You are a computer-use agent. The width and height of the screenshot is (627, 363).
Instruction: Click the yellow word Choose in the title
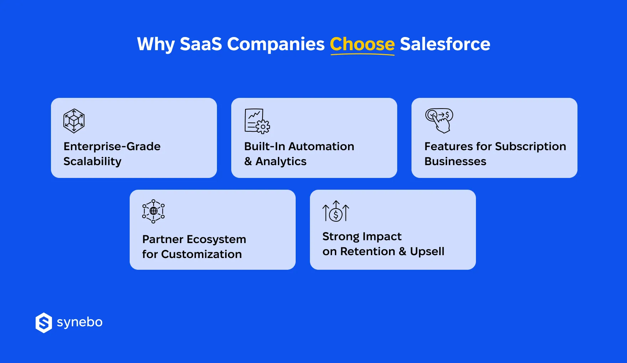point(362,44)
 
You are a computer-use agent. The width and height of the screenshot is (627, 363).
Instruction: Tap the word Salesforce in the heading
point(445,44)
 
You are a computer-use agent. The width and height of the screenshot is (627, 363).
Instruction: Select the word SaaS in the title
point(201,44)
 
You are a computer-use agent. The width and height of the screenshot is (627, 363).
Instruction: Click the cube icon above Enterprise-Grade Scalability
point(74,121)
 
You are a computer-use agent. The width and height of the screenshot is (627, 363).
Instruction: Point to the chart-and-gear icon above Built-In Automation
point(257,121)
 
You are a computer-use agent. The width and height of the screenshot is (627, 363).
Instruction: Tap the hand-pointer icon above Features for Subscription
point(439,121)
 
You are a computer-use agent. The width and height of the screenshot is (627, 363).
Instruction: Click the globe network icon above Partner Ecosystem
point(153,211)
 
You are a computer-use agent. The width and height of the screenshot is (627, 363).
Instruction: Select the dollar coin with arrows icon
point(336,211)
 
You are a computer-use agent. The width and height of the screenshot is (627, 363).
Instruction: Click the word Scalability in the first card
point(92,162)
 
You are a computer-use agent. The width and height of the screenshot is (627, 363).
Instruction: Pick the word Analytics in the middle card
point(281,162)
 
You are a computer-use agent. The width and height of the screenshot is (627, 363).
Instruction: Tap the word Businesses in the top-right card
point(455,162)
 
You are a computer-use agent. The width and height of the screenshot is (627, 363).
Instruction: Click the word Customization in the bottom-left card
point(201,254)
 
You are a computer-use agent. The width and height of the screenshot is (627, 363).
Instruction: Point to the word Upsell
point(427,252)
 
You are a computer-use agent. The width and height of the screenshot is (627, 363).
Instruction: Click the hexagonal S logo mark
point(44,323)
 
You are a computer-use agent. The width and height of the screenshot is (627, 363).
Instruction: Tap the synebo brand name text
point(79,322)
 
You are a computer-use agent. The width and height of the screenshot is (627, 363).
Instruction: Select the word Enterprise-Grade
point(112,147)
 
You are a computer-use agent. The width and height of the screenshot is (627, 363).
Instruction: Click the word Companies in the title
point(276,44)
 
